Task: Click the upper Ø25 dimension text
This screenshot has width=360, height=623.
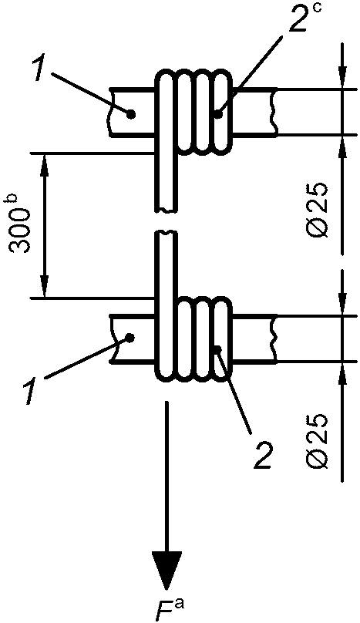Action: pyautogui.click(x=318, y=210)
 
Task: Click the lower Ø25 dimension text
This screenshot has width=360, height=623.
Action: pyautogui.click(x=318, y=440)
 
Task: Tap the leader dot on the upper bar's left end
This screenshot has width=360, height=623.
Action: pyautogui.click(x=131, y=115)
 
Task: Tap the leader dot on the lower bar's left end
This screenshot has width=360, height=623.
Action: pyautogui.click(x=129, y=337)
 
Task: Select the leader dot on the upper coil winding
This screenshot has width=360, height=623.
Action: pyautogui.click(x=217, y=114)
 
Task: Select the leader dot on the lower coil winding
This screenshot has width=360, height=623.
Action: pyautogui.click(x=218, y=349)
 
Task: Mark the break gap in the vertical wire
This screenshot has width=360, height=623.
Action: pyautogui.click(x=166, y=221)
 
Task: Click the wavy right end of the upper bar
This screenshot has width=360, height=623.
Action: pyautogui.click(x=273, y=112)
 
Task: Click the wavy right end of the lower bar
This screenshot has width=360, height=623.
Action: pyautogui.click(x=273, y=338)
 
